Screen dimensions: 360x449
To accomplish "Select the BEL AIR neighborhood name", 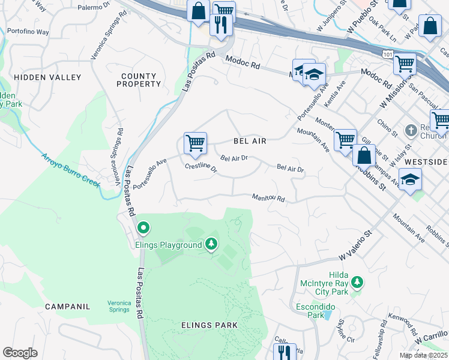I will click(x=249, y=141).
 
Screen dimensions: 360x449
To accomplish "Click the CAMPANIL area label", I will click(x=67, y=307).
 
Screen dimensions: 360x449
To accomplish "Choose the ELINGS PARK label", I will click(x=209, y=325).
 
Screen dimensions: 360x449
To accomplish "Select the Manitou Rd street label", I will click(x=268, y=197).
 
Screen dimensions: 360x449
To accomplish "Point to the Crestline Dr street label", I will click(x=200, y=168).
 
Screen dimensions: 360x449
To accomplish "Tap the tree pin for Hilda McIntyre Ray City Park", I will click(x=357, y=282).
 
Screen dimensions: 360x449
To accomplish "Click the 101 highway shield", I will click(x=387, y=55).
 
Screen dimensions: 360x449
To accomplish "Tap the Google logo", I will click(x=20, y=353).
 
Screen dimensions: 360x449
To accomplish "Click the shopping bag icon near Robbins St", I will click(x=364, y=155).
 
